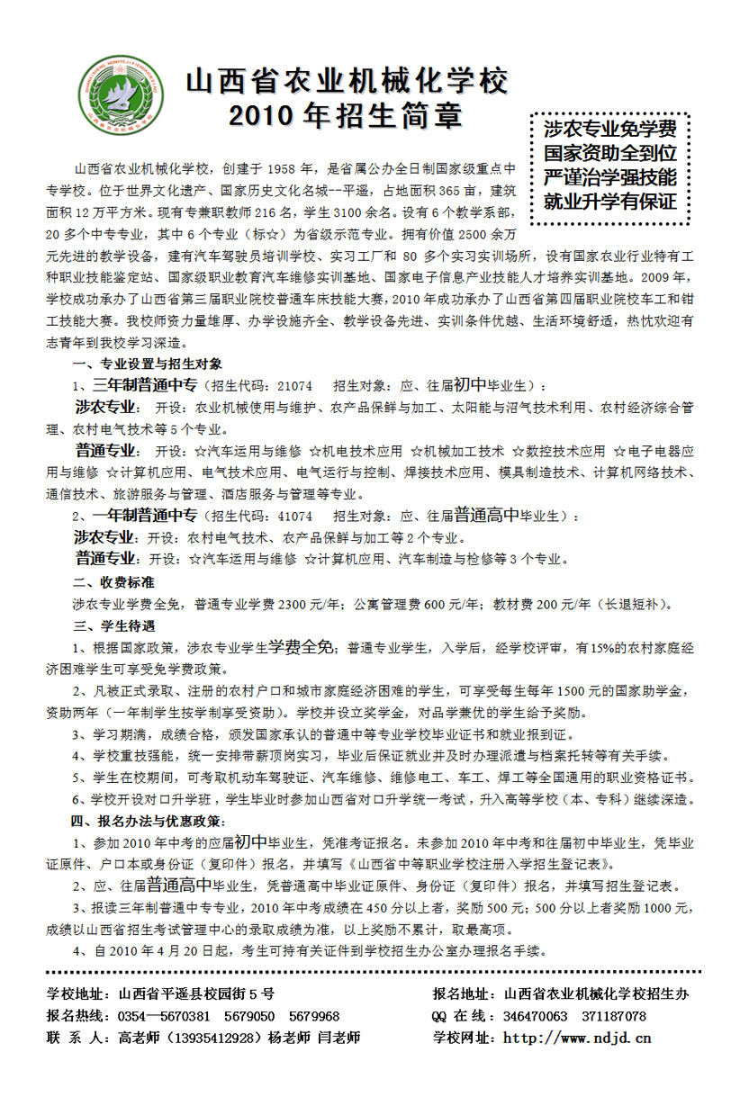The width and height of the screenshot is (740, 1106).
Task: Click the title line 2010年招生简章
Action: [346, 115]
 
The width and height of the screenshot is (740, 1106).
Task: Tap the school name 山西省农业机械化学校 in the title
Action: [347, 81]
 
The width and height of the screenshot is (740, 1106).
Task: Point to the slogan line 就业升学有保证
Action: [609, 201]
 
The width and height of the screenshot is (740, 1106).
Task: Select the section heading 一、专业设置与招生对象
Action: [147, 364]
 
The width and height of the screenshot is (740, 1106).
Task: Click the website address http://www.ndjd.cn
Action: [576, 1038]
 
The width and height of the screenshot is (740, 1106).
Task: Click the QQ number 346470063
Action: [535, 1016]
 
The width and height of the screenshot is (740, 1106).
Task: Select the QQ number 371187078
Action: [614, 1016]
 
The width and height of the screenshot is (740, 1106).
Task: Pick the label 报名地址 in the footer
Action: [463, 994]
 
